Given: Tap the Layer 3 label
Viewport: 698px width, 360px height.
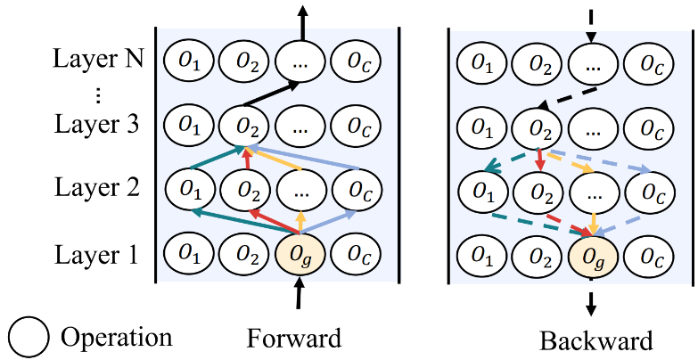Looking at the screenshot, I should (96, 124).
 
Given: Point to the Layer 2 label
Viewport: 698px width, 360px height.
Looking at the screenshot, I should (96, 188).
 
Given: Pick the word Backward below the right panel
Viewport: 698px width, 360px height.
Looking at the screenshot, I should (595, 340).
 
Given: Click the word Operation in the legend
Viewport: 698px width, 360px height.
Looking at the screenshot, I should (116, 338).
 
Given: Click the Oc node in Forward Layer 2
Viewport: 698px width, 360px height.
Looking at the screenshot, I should (357, 189).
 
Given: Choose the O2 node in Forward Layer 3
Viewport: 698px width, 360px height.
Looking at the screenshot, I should (244, 124).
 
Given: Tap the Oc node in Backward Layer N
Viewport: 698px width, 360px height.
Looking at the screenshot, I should (649, 62).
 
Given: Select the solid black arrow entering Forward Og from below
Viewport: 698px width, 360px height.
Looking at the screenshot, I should (300, 294).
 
